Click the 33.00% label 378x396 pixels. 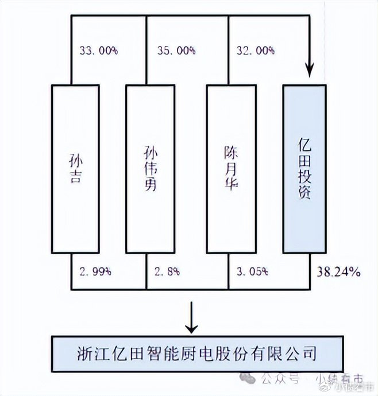pyautogui.click(x=98, y=51)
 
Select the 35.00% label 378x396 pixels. pyautogui.click(x=176, y=51)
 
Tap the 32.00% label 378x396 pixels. pyautogui.click(x=255, y=51)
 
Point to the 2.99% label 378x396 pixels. pyautogui.click(x=95, y=271)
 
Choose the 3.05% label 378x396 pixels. pyautogui.click(x=252, y=271)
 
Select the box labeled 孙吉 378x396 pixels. pyautogui.click(x=72, y=169)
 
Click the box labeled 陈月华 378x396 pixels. pyautogui.click(x=229, y=169)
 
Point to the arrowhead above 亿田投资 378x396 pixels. pyautogui.click(x=311, y=71)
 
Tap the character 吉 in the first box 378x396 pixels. pyautogui.click(x=73, y=177)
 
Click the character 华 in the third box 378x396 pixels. pyautogui.click(x=229, y=184)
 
